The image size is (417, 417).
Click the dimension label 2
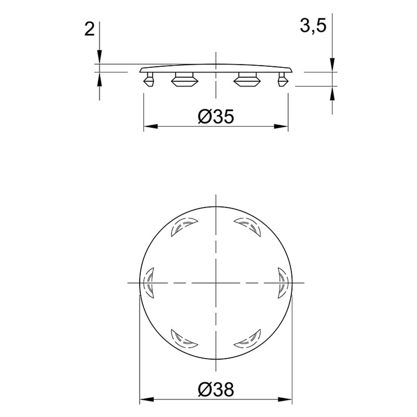tap(89, 29)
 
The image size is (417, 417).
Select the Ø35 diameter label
tap(216, 117)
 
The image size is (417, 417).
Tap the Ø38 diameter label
tap(216, 390)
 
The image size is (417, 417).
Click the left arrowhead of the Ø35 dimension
tap(151, 126)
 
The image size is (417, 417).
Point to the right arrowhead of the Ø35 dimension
tap(281, 126)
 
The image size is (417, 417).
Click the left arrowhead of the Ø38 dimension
tap(147, 399)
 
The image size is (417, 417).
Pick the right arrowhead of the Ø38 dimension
tap(285, 399)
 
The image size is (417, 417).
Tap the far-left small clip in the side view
tap(149, 79)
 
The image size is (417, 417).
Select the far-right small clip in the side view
tap(283, 79)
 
